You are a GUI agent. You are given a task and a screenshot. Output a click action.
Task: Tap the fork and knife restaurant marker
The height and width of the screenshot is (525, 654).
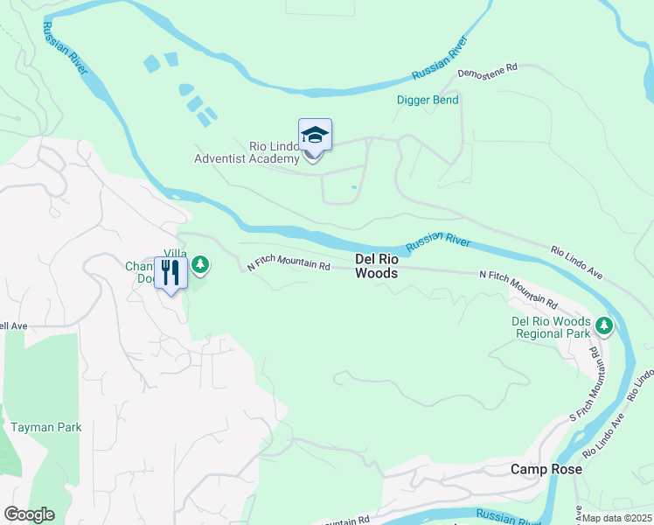coord(170,273)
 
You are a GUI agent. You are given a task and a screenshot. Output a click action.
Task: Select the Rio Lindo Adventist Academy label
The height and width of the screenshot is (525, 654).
coord(248,151)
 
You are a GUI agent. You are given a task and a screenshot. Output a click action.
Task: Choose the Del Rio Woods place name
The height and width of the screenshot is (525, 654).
coord(377,266)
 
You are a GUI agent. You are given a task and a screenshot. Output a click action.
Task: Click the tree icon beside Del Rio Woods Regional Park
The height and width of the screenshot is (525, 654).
coord(603,326)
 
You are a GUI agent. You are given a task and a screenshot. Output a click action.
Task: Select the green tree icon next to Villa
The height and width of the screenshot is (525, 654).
coord(200,263)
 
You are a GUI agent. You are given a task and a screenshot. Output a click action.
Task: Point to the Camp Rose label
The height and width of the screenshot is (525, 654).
coord(546,469)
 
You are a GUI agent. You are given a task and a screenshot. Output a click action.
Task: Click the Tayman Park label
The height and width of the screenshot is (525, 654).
coord(45,427)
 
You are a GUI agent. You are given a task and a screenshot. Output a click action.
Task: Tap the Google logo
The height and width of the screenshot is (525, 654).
coord(29,514)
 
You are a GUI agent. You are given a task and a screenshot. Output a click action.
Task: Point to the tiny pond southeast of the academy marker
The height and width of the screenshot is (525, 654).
coord(353,186)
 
